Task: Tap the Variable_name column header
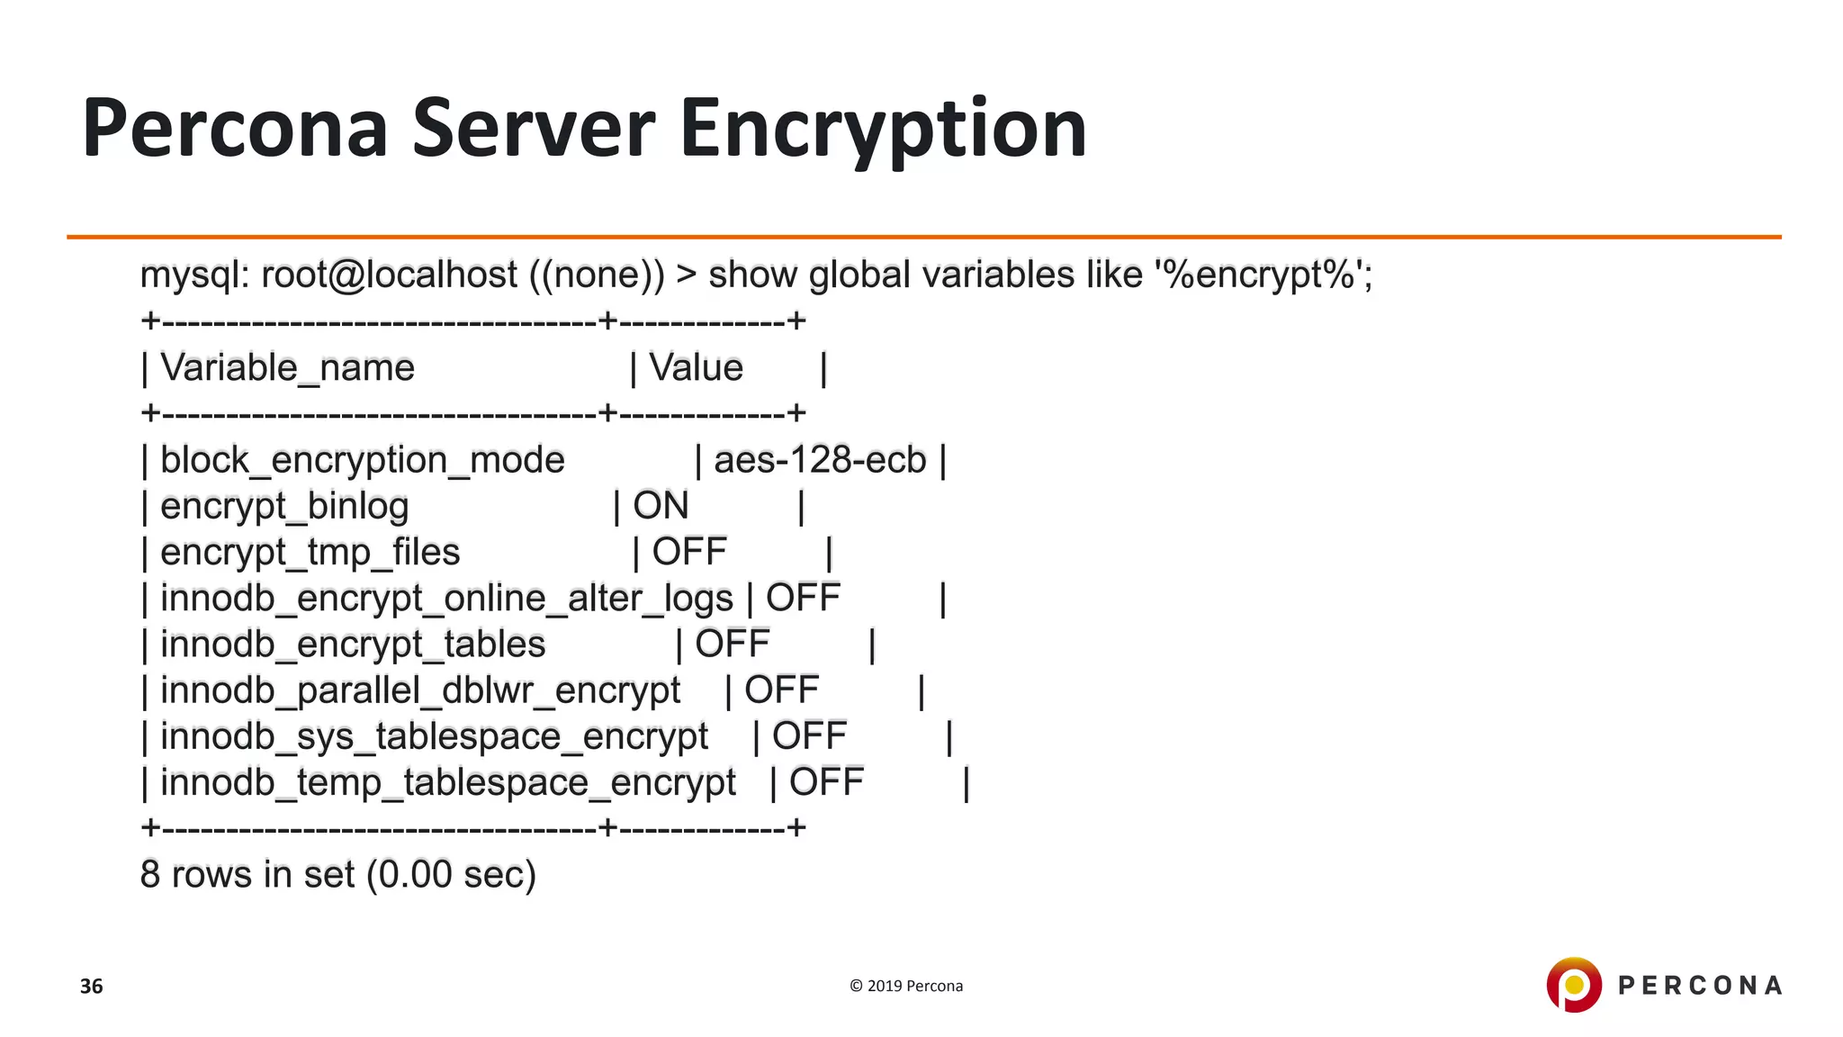click(x=287, y=368)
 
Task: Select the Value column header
click(x=696, y=368)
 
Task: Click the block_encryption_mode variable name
click(x=362, y=461)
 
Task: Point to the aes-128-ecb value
click(x=819, y=461)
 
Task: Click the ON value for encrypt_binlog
click(x=661, y=507)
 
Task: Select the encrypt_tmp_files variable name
click(x=310, y=553)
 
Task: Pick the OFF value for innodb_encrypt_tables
click(x=732, y=645)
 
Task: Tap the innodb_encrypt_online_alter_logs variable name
click(x=446, y=599)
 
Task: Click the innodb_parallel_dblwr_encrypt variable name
click(x=420, y=690)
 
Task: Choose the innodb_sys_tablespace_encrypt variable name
click(x=434, y=737)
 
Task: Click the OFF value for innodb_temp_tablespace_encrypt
click(x=826, y=782)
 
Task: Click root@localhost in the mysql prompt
click(x=389, y=275)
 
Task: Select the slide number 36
click(x=91, y=987)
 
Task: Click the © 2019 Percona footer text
click(x=905, y=987)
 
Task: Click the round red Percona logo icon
click(x=1573, y=985)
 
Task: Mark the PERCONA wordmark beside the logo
click(x=1699, y=986)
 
